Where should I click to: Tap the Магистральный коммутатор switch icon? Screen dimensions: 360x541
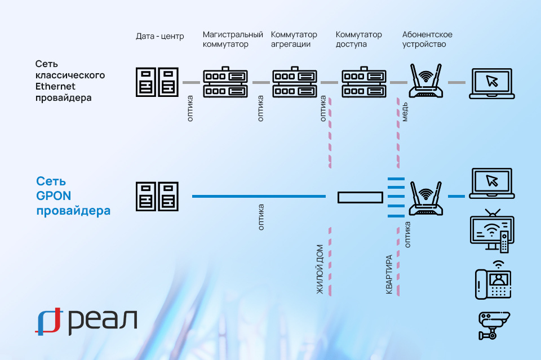coord(225,82)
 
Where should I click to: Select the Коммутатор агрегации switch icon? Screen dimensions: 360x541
coord(295,82)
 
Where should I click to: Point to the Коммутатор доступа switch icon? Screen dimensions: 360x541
coord(364,82)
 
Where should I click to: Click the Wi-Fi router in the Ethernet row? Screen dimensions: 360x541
coord(425,82)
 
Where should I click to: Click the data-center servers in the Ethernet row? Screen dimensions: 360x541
coord(157,82)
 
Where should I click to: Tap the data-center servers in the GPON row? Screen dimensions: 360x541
coord(157,197)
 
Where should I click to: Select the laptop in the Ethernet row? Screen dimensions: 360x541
coord(491,83)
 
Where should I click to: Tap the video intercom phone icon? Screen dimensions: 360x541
coord(493,279)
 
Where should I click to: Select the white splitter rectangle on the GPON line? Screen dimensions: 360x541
coord(360,197)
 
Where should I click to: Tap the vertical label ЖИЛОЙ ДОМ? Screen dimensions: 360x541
coord(320,269)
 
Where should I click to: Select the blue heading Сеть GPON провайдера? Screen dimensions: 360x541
coord(73,196)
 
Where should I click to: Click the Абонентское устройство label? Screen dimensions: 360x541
coord(427,39)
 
